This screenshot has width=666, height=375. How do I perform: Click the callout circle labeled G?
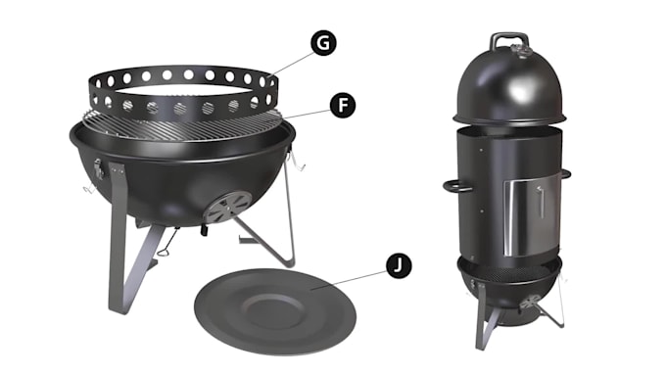[323, 43]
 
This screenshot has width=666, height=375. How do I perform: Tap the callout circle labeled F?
[343, 105]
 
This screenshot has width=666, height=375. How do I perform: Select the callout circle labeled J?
[399, 266]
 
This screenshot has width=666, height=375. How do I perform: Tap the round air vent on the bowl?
[229, 207]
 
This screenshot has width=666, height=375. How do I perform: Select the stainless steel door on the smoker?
[525, 217]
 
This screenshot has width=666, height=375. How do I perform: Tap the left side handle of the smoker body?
[456, 186]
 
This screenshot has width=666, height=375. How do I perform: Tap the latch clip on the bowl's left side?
[98, 168]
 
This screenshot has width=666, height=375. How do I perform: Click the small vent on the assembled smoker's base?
[531, 302]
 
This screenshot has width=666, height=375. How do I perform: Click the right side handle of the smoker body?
[565, 173]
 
